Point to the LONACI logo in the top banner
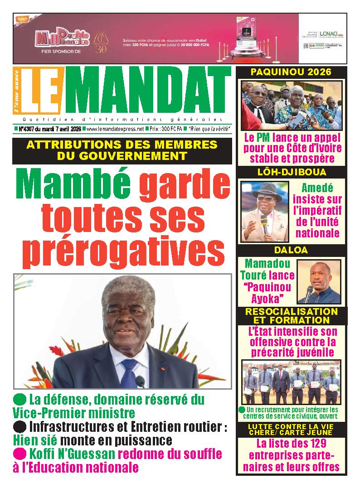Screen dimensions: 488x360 click(331, 34)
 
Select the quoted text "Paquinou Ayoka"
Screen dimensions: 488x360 click(268, 293)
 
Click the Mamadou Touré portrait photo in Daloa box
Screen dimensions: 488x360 click(320, 282)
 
